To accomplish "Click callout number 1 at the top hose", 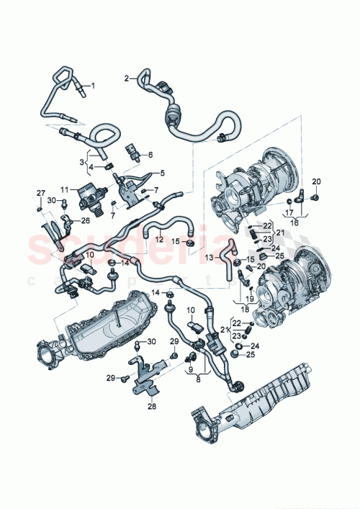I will click(91, 85).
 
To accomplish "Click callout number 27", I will click(40, 193).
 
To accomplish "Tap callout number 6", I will click(150, 154).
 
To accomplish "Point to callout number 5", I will click(162, 173).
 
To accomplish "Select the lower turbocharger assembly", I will click(289, 277).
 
